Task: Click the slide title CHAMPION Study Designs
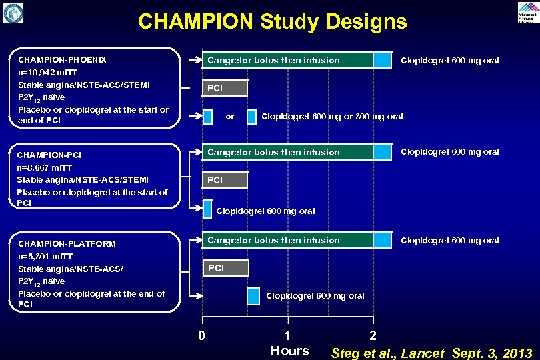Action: (x=272, y=21)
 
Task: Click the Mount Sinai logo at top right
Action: (x=528, y=12)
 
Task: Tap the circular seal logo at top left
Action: (x=13, y=13)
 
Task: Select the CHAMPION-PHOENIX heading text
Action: (x=62, y=59)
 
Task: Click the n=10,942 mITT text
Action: (x=49, y=72)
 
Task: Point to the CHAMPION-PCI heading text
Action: (x=50, y=155)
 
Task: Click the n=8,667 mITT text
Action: (x=45, y=168)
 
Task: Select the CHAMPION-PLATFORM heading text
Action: (x=67, y=244)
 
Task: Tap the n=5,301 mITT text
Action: (x=45, y=257)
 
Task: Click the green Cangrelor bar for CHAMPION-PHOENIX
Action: (x=287, y=60)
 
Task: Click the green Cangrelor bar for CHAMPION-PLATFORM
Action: (x=287, y=240)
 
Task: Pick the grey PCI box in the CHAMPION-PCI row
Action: (x=225, y=180)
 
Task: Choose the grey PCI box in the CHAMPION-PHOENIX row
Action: (x=225, y=88)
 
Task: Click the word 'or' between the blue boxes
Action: (x=230, y=117)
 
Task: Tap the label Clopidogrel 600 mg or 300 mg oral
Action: (x=332, y=117)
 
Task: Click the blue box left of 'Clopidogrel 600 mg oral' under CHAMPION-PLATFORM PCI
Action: (x=254, y=296)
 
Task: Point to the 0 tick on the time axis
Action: (x=201, y=335)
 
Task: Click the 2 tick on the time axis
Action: (x=373, y=335)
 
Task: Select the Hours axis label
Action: (x=289, y=351)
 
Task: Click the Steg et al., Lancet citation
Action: (x=431, y=353)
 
